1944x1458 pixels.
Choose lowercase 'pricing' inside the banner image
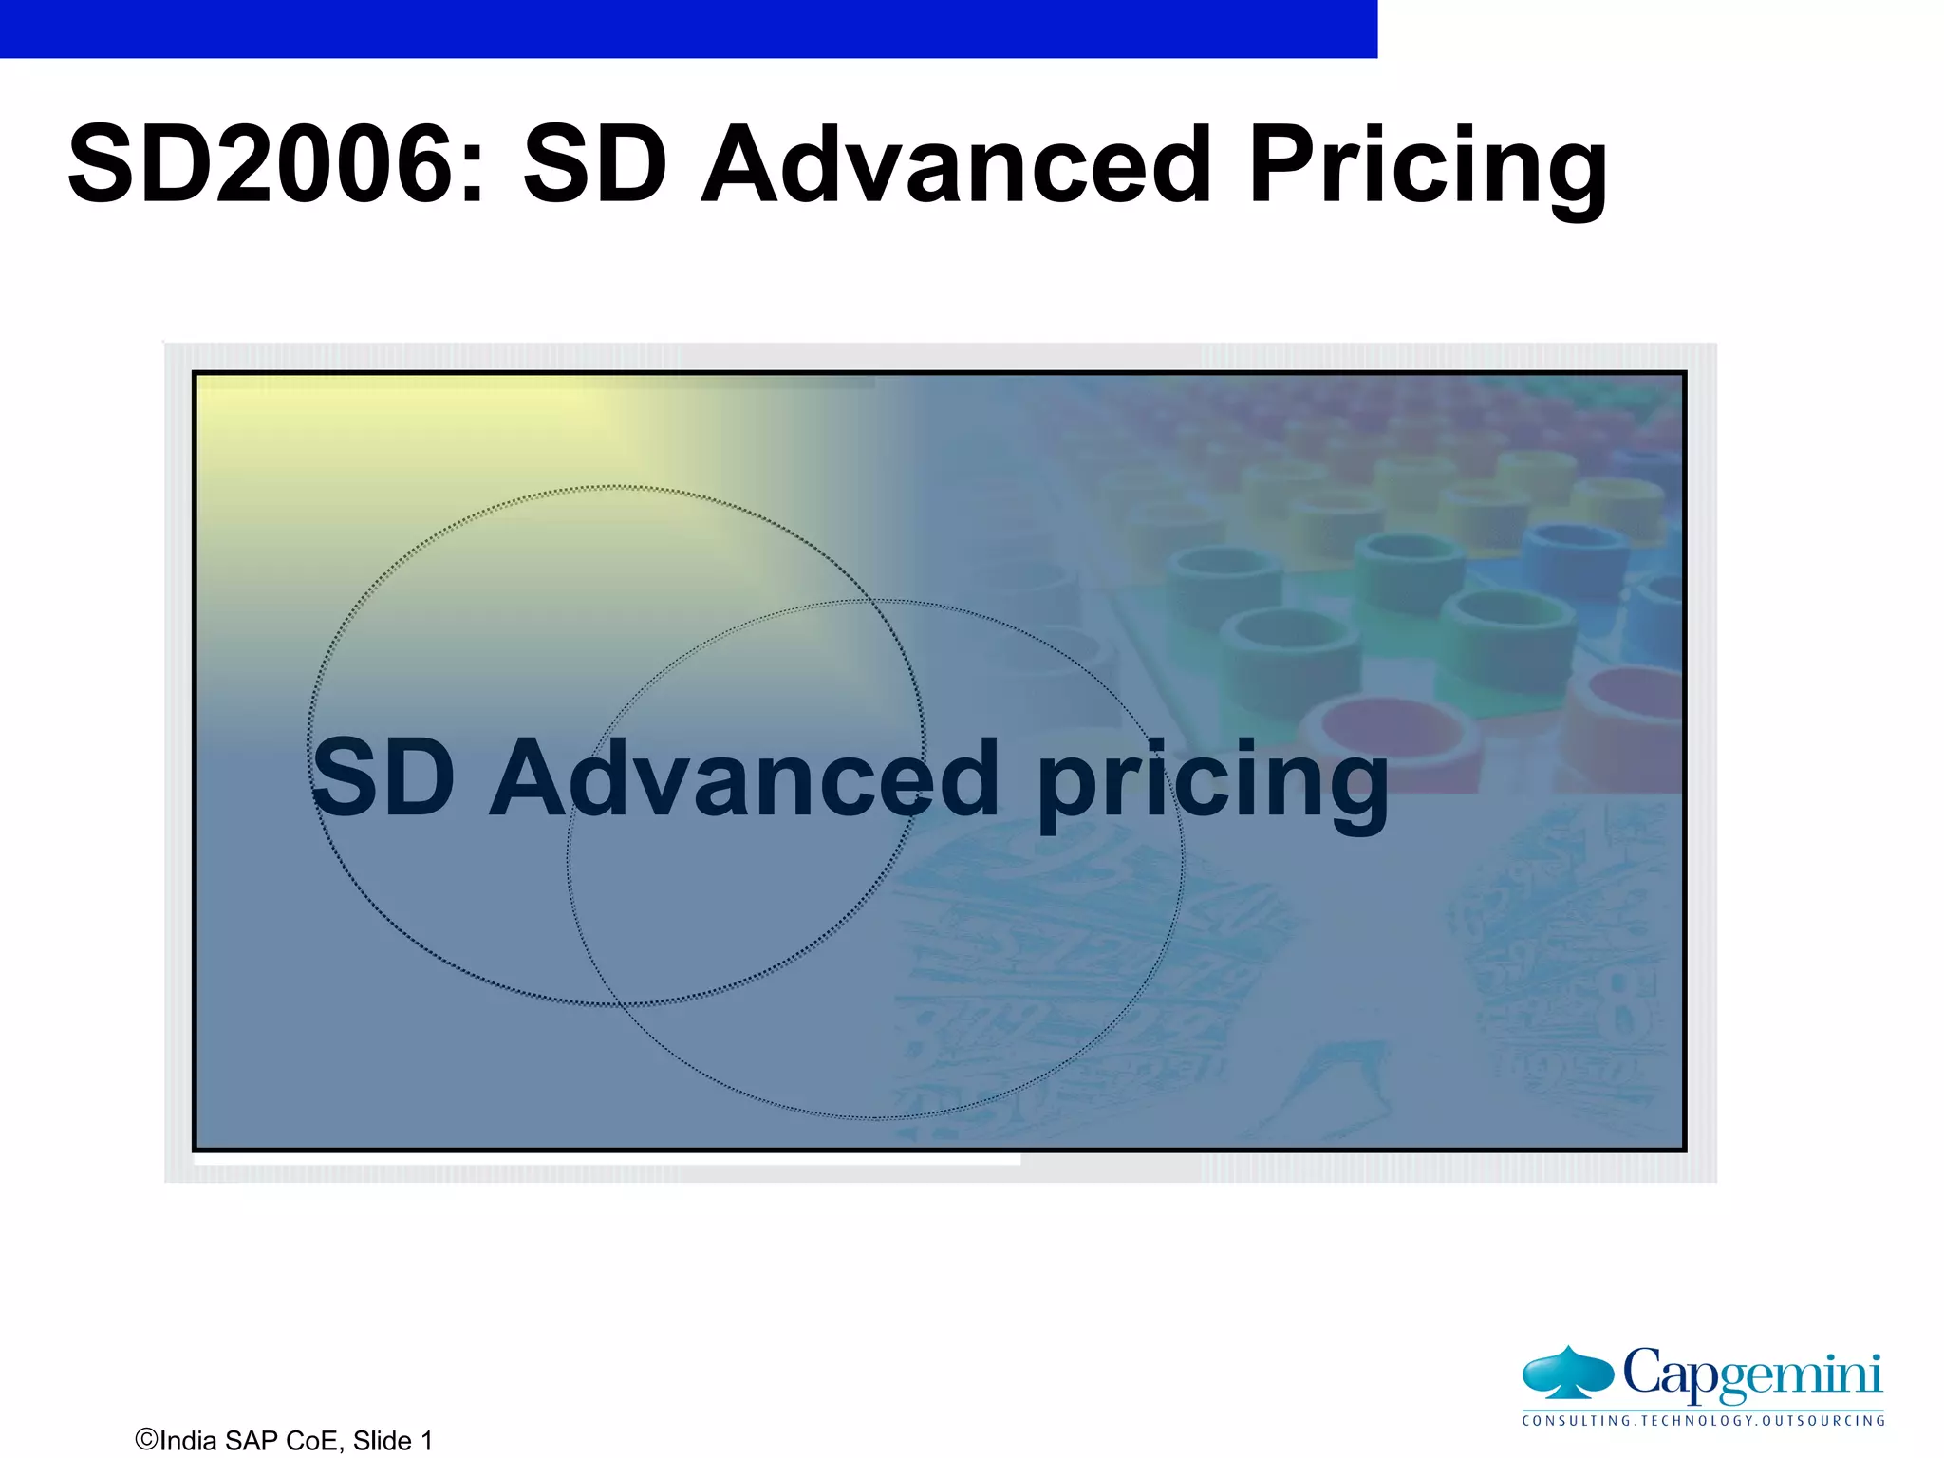tap(1213, 783)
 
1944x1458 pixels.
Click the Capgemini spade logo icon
tap(1567, 1373)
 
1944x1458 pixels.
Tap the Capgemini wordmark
tap(1752, 1374)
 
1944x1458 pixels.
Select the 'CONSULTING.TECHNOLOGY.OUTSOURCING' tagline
tap(1703, 1421)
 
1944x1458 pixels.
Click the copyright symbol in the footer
tap(146, 1439)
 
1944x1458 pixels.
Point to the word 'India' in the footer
tap(189, 1441)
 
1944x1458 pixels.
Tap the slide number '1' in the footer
tap(426, 1441)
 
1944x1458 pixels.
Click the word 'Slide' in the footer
tap(382, 1441)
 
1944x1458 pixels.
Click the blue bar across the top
tap(688, 28)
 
